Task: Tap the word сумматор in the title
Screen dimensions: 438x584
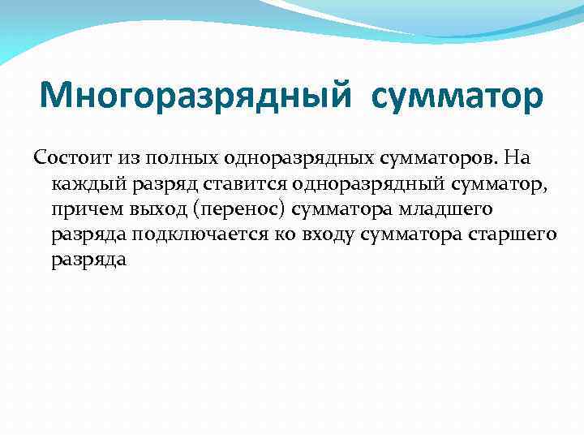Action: tap(459, 97)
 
